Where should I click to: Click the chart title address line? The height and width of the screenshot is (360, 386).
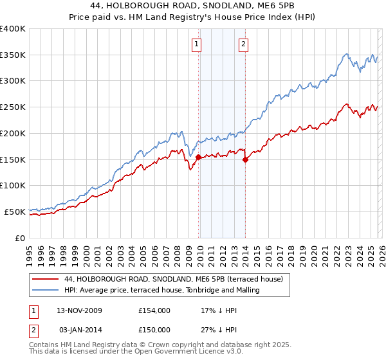[193, 6]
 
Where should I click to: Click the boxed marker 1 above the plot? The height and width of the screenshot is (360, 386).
[196, 44]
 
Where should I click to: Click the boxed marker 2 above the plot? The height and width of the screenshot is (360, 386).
[244, 44]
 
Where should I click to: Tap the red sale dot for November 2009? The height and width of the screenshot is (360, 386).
[198, 157]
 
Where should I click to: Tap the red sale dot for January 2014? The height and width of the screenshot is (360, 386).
[245, 160]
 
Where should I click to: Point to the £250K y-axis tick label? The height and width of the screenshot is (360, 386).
[13, 107]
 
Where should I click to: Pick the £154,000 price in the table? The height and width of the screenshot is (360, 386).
[154, 310]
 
